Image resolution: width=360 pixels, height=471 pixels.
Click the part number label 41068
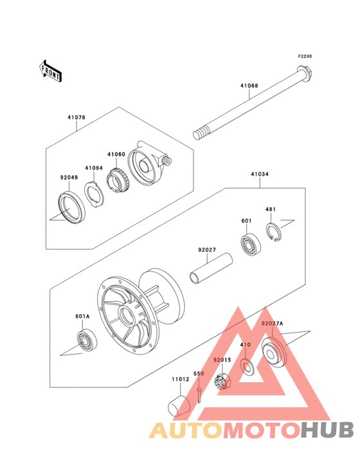click(x=249, y=86)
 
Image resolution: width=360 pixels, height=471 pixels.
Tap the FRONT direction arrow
click(x=50, y=71)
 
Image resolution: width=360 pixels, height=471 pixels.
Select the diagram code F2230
click(x=305, y=56)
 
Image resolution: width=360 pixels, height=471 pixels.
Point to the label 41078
click(x=76, y=118)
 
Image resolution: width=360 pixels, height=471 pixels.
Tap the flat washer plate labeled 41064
click(x=94, y=195)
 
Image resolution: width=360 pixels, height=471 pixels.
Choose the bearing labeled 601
click(x=251, y=245)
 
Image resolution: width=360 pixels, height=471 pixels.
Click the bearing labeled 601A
click(x=87, y=340)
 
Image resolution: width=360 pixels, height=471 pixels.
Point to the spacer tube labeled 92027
click(x=211, y=268)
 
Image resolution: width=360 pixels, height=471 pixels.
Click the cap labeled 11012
click(x=179, y=406)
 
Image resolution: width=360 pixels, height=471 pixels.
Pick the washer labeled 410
click(x=247, y=366)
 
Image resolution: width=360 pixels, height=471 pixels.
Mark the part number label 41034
click(x=260, y=174)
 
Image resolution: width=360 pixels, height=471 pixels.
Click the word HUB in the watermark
click(x=328, y=430)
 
